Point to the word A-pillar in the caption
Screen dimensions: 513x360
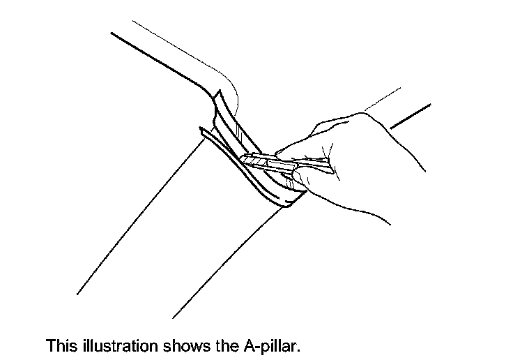[x=274, y=345]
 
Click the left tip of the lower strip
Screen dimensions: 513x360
[x=201, y=130]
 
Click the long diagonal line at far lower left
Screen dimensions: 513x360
[x=139, y=216]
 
